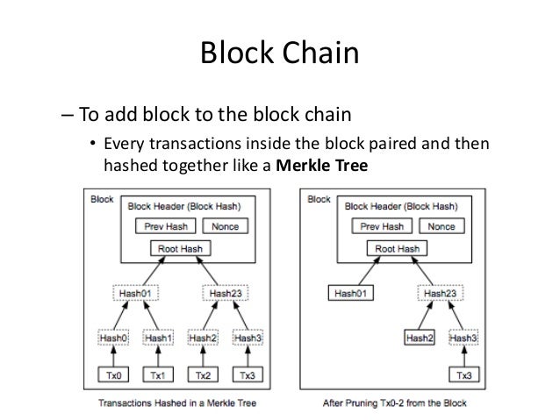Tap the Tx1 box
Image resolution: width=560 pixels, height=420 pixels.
(158, 376)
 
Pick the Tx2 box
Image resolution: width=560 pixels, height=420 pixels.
(204, 376)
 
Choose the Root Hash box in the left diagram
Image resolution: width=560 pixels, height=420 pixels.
(180, 249)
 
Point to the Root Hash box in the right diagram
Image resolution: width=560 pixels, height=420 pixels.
(397, 249)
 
